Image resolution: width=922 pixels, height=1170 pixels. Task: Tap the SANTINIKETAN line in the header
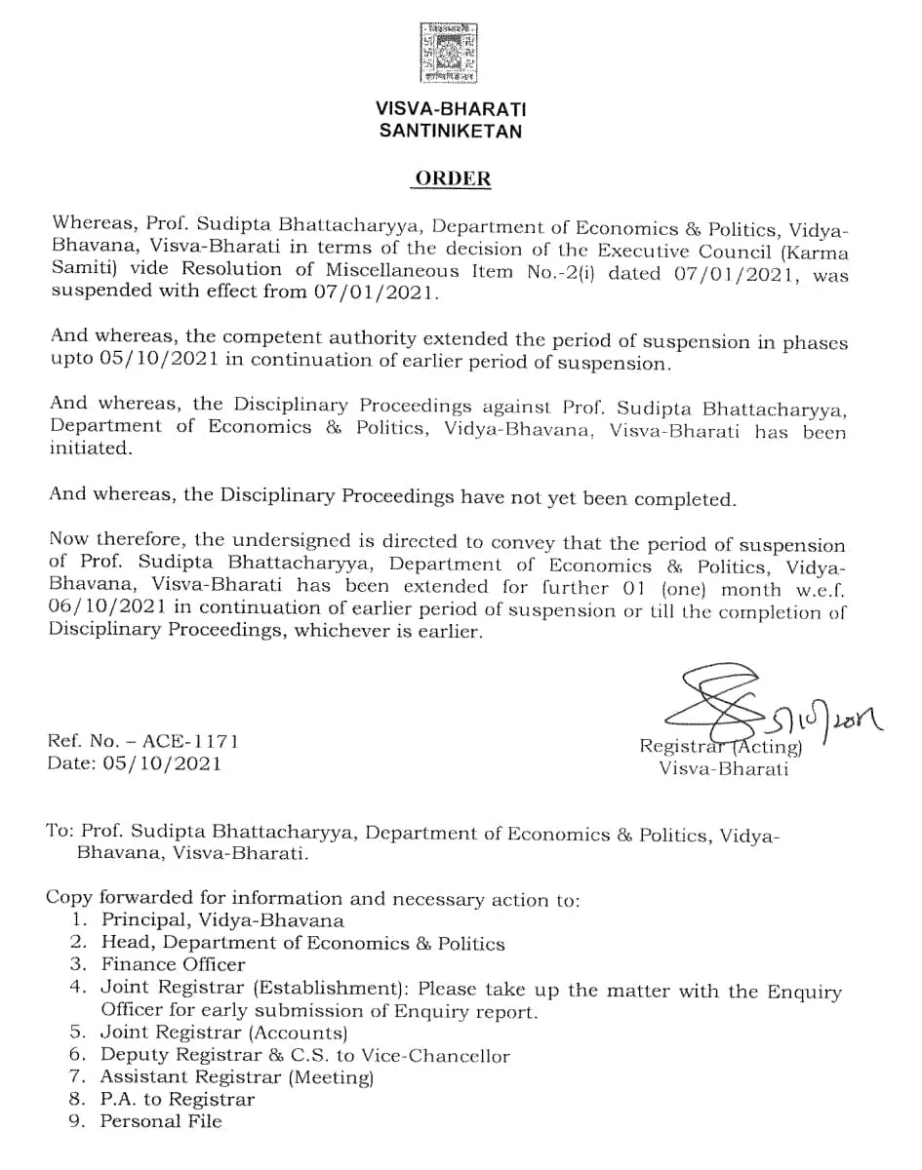pyautogui.click(x=450, y=131)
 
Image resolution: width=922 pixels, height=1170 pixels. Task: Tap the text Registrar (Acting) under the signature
pyautogui.click(x=720, y=747)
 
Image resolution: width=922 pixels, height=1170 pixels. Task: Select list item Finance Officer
pyautogui.click(x=173, y=964)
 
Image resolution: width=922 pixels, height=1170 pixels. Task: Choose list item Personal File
pyautogui.click(x=161, y=1121)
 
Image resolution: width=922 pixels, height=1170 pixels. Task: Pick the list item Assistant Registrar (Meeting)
pyautogui.click(x=237, y=1076)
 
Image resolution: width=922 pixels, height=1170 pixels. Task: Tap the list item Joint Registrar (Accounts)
pyautogui.click(x=224, y=1032)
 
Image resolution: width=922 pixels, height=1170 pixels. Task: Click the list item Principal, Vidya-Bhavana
pyautogui.click(x=222, y=919)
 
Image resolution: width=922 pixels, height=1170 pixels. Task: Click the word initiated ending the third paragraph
pyautogui.click(x=89, y=448)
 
